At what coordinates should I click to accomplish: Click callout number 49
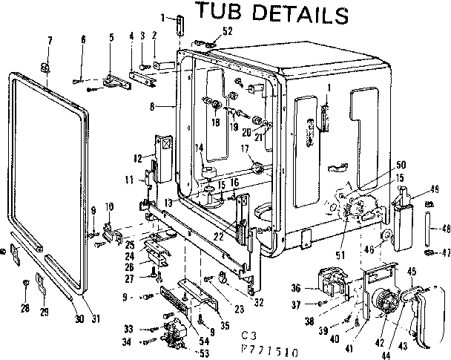click(x=435, y=189)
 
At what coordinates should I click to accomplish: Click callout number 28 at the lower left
click(x=25, y=307)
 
